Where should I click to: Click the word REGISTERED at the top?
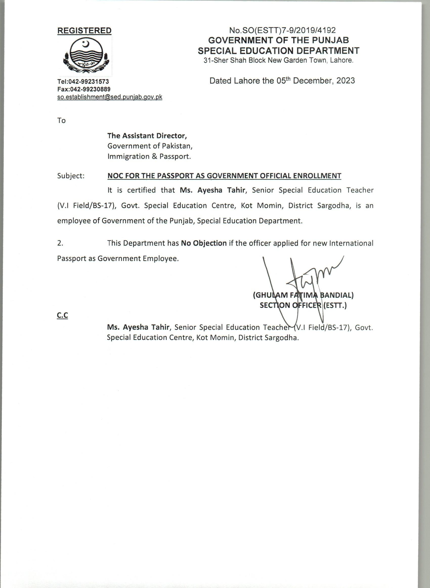coord(84,30)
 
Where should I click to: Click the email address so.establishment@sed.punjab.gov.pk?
coord(110,97)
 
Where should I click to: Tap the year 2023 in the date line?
coord(346,81)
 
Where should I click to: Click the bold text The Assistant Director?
coord(147,136)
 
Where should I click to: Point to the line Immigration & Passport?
coord(149,156)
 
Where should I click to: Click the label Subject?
coord(71,176)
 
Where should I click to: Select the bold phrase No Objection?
coord(204,243)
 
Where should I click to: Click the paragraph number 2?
coord(60,243)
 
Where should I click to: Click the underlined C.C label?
coord(62,316)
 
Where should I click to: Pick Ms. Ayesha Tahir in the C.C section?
coord(138,327)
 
